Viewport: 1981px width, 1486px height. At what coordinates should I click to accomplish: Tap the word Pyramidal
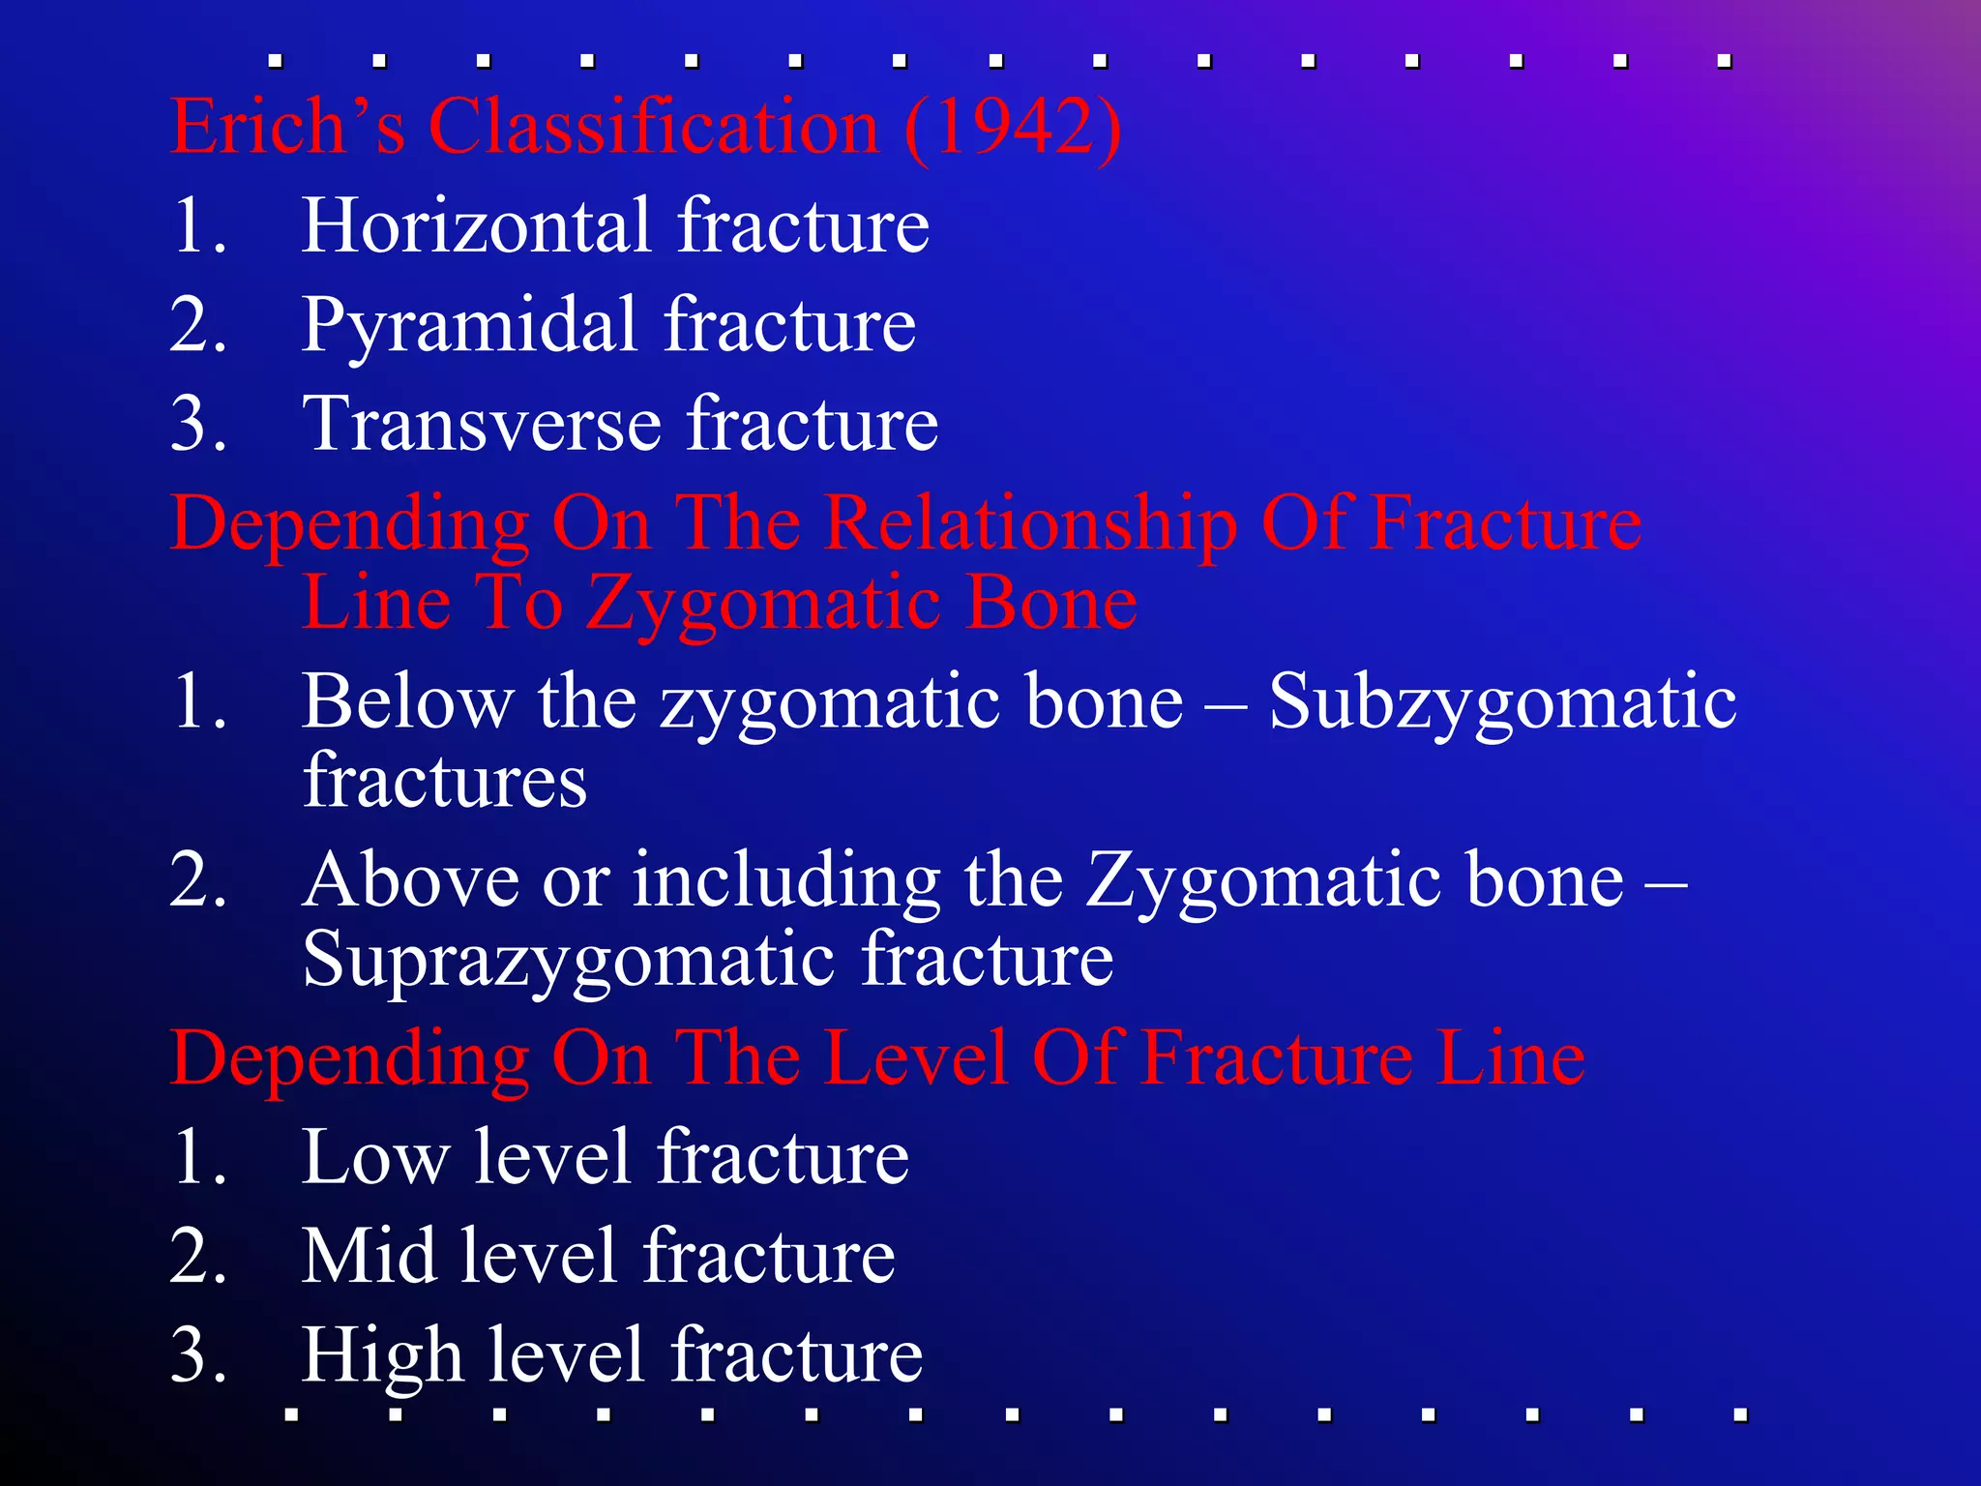point(469,326)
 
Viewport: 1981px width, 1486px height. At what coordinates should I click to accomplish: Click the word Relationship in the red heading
point(1031,524)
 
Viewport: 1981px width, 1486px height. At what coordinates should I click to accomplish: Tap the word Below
point(407,701)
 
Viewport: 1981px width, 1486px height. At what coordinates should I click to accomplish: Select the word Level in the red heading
point(918,1057)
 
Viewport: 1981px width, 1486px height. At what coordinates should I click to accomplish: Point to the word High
point(382,1356)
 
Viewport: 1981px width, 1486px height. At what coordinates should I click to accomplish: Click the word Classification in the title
point(653,127)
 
